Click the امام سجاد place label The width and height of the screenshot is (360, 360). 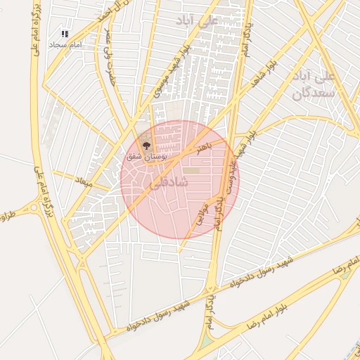pos(65,44)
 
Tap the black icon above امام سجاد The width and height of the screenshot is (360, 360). pos(65,34)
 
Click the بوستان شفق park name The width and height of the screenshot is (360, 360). pos(146,157)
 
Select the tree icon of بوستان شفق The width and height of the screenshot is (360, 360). pos(146,146)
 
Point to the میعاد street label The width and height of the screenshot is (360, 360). pos(84,181)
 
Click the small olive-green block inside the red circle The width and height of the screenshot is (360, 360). pos(191,170)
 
